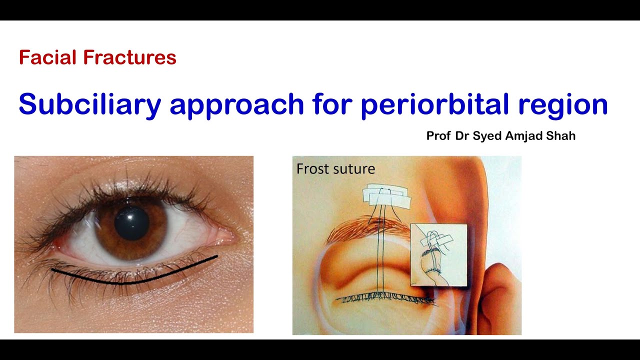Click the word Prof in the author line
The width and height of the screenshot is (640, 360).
pos(438,136)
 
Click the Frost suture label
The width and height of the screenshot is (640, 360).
pos(335,169)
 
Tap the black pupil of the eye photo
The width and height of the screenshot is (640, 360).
pos(132,223)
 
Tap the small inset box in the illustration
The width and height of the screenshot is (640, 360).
pos(438,255)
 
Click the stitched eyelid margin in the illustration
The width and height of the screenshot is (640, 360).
pos(385,299)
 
